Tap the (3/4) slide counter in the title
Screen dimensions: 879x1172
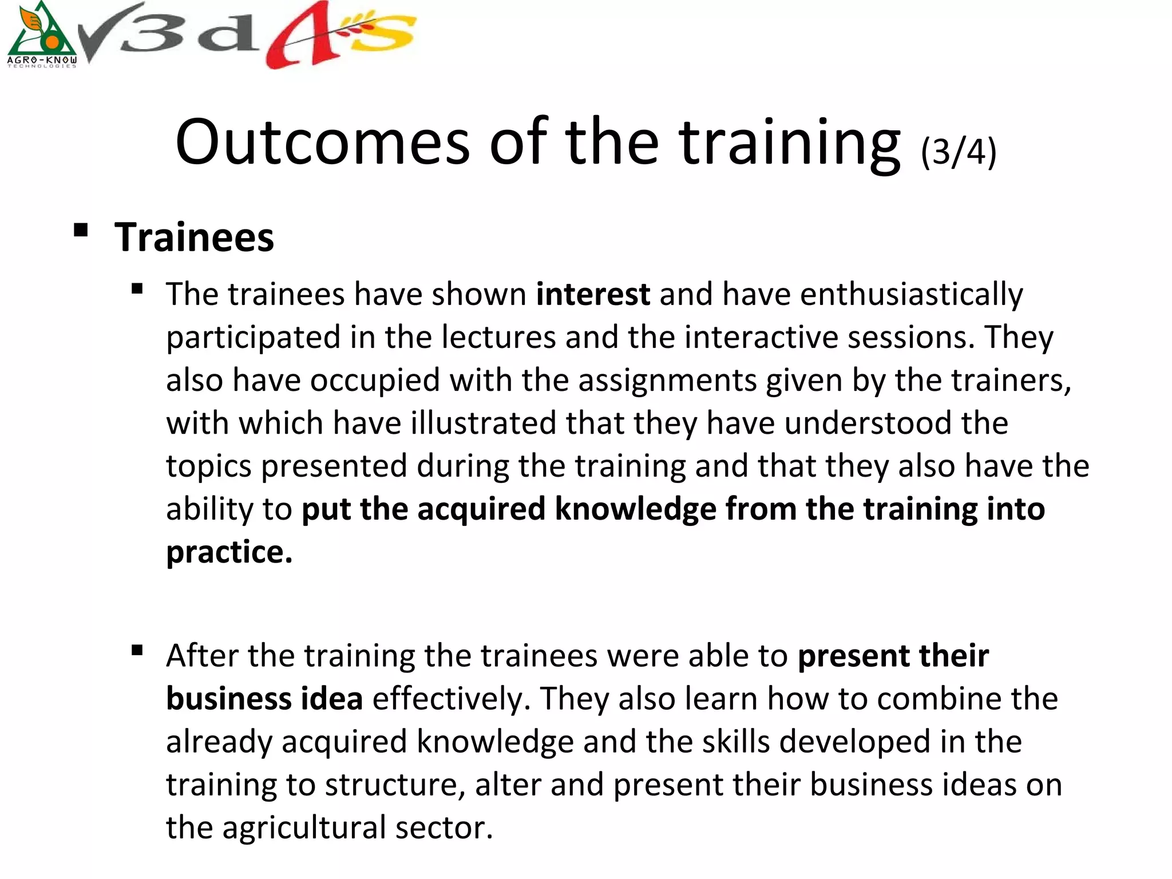[x=959, y=152]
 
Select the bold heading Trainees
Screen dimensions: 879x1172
[x=194, y=237]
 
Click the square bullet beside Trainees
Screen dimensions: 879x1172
[x=81, y=231]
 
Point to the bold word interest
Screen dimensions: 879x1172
[x=593, y=294]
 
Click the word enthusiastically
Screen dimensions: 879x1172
[x=911, y=295]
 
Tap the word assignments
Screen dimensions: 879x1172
[x=668, y=380]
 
